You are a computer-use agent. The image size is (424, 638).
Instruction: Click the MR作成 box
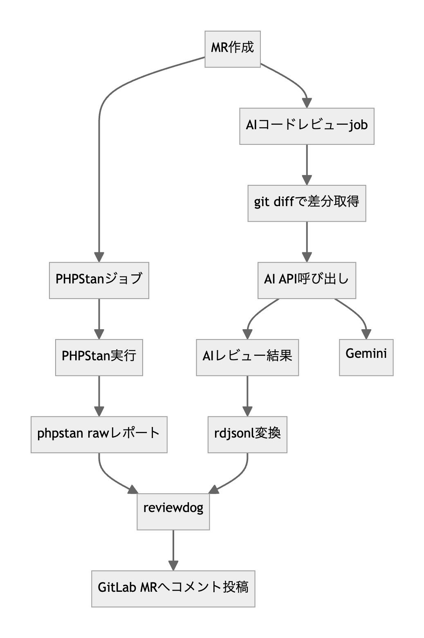point(232,49)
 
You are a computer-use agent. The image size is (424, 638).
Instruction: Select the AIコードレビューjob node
point(307,126)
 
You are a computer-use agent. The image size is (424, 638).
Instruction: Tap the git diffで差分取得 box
point(307,203)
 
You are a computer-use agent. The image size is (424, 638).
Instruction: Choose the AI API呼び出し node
point(307,280)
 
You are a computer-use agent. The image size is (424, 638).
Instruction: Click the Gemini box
point(366,357)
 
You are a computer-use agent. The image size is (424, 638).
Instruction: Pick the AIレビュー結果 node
point(247,357)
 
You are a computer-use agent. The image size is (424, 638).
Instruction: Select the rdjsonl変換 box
point(247,434)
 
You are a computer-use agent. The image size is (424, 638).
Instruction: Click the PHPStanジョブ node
point(99,280)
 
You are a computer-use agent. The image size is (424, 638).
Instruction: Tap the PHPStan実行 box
point(99,357)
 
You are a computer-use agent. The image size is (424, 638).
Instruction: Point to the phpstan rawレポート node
point(99,434)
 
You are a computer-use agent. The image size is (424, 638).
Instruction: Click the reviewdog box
point(173,512)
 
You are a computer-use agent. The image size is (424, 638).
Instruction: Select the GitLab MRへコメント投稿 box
point(173,589)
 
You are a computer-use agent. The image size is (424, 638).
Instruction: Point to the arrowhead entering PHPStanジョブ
point(99,257)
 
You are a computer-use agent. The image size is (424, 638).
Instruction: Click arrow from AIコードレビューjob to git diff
point(307,164)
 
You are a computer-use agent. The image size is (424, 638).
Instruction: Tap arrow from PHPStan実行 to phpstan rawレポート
point(99,395)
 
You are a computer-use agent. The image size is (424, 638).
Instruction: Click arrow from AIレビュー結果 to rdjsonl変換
point(247,395)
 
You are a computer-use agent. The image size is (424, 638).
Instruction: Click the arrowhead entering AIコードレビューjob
point(307,103)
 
